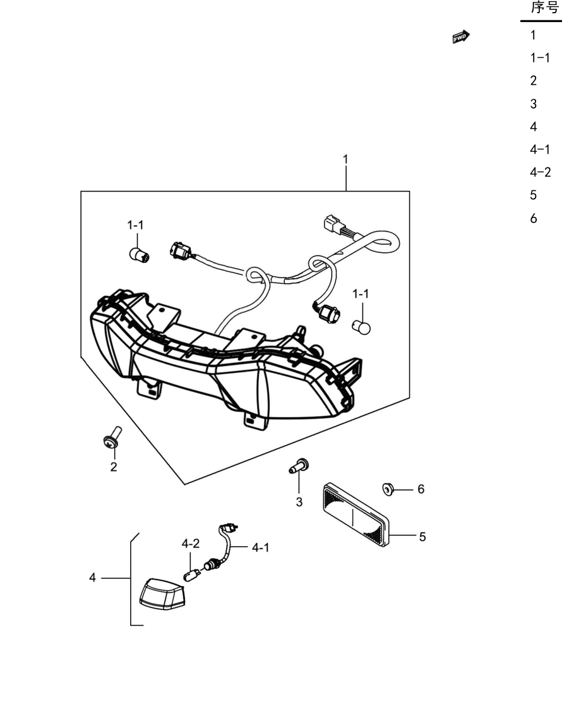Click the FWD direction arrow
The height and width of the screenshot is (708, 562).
[x=460, y=37]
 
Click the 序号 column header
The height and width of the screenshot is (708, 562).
[x=545, y=8]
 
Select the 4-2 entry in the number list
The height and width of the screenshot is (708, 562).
[x=541, y=172]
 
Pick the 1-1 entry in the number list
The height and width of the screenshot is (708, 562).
[x=540, y=58]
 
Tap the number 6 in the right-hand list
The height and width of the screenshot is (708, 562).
[x=534, y=219]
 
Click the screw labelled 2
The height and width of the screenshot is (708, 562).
[x=112, y=437]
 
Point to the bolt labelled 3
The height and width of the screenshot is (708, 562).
[x=299, y=465]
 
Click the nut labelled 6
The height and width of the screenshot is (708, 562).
[x=388, y=489]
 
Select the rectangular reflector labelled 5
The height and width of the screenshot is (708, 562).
[x=356, y=515]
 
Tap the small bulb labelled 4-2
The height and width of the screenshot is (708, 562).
[x=190, y=575]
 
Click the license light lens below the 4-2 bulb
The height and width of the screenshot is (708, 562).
[x=162, y=594]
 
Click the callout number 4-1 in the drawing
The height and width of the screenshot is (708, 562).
[x=260, y=547]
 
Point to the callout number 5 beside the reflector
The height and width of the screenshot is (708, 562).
[x=422, y=537]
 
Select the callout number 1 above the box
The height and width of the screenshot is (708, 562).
[x=345, y=159]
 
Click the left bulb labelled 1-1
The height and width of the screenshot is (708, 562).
[x=139, y=255]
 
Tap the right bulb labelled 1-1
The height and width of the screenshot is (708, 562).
[x=361, y=327]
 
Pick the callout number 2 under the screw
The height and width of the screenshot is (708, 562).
[x=114, y=467]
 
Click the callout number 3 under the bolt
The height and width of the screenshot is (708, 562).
[x=299, y=502]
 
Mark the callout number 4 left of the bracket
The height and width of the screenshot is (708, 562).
[x=92, y=578]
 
